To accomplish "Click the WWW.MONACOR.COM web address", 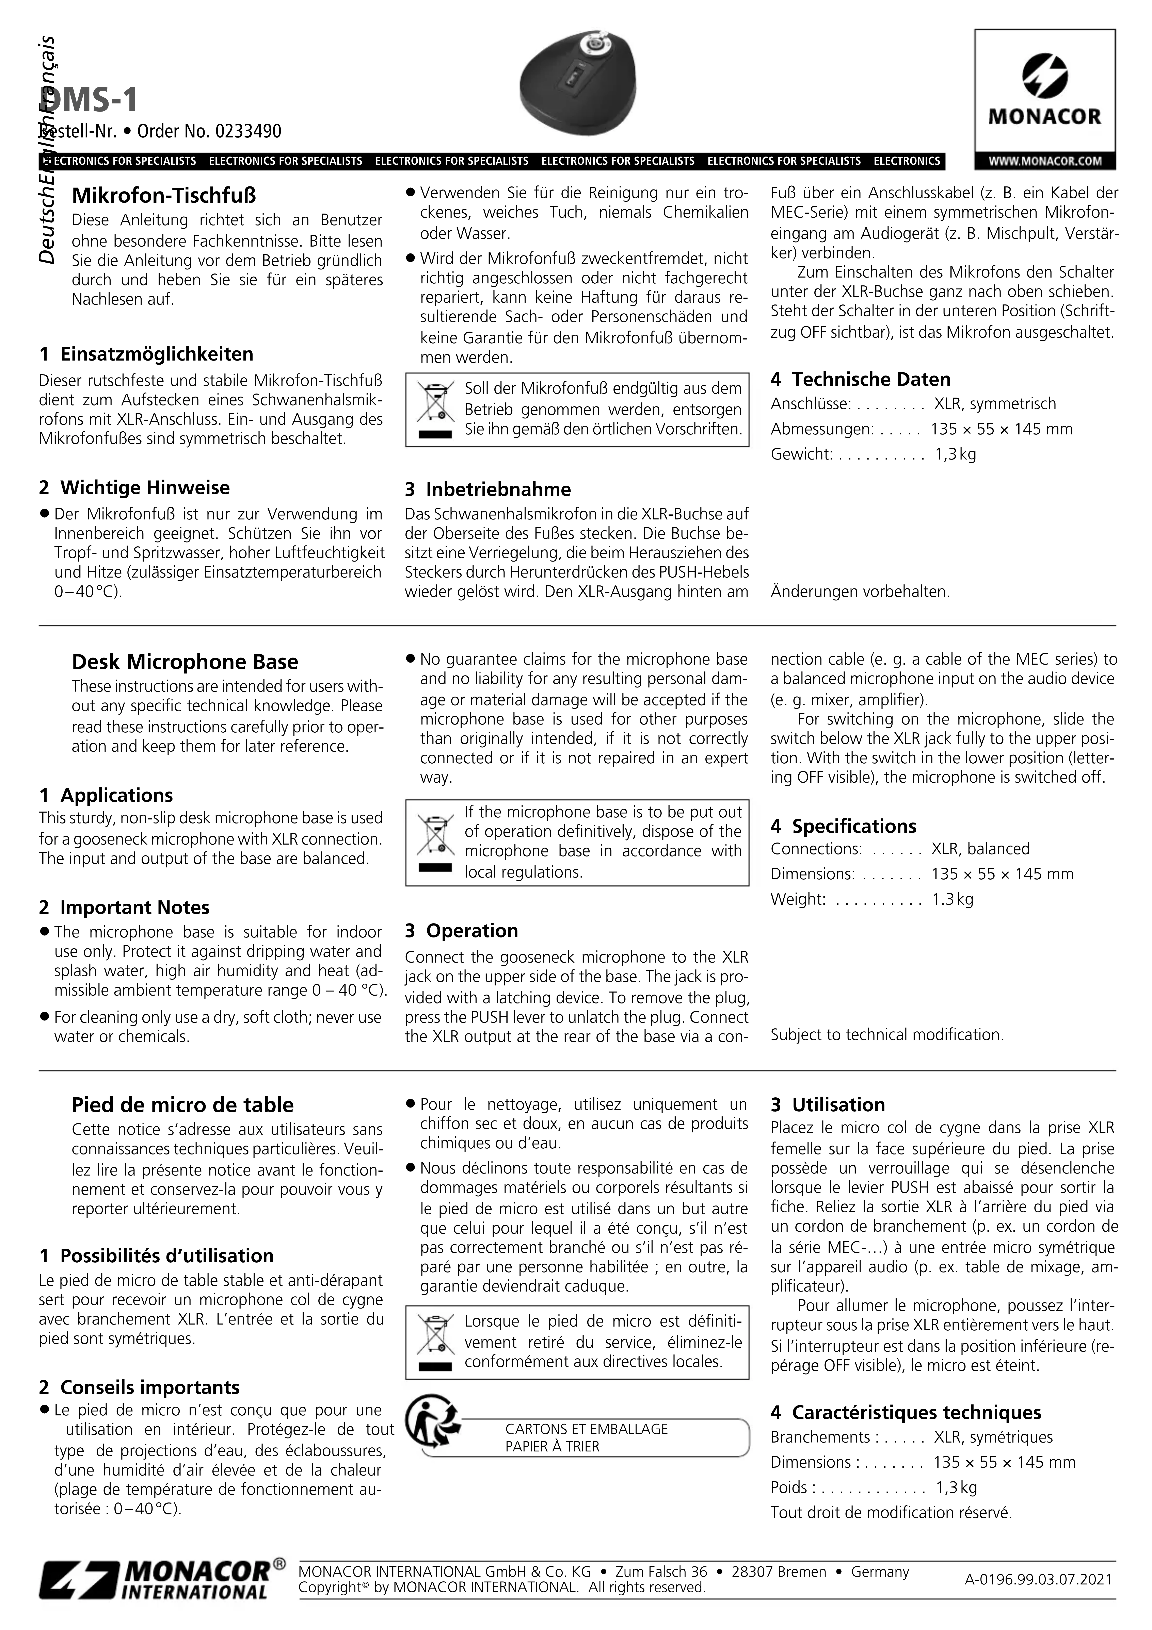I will coord(1045,161).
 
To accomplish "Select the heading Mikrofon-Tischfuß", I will coord(164,195).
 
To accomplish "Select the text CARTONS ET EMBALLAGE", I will coord(587,1428).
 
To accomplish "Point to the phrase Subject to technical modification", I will coord(887,1034).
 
